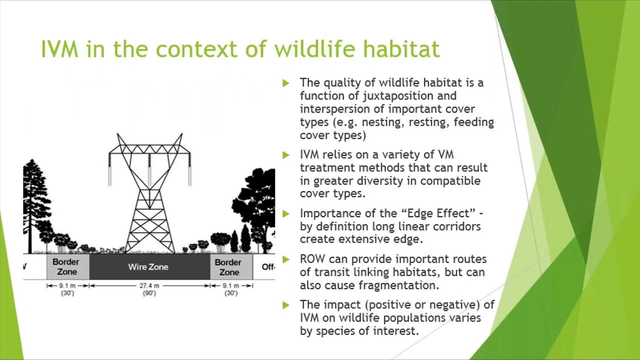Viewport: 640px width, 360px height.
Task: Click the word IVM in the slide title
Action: coord(59,49)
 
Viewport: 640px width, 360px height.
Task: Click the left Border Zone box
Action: coord(68,267)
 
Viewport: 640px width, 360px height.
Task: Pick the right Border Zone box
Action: coord(231,267)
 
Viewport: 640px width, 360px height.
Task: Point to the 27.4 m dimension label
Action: coord(149,285)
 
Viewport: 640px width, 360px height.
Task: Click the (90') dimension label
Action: coord(149,293)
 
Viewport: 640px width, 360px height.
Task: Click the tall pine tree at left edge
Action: coord(33,205)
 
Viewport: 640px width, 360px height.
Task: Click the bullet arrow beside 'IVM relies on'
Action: coord(286,155)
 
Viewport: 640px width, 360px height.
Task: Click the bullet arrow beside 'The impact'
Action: coord(286,305)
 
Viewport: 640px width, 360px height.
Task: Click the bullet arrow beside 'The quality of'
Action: coord(286,83)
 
